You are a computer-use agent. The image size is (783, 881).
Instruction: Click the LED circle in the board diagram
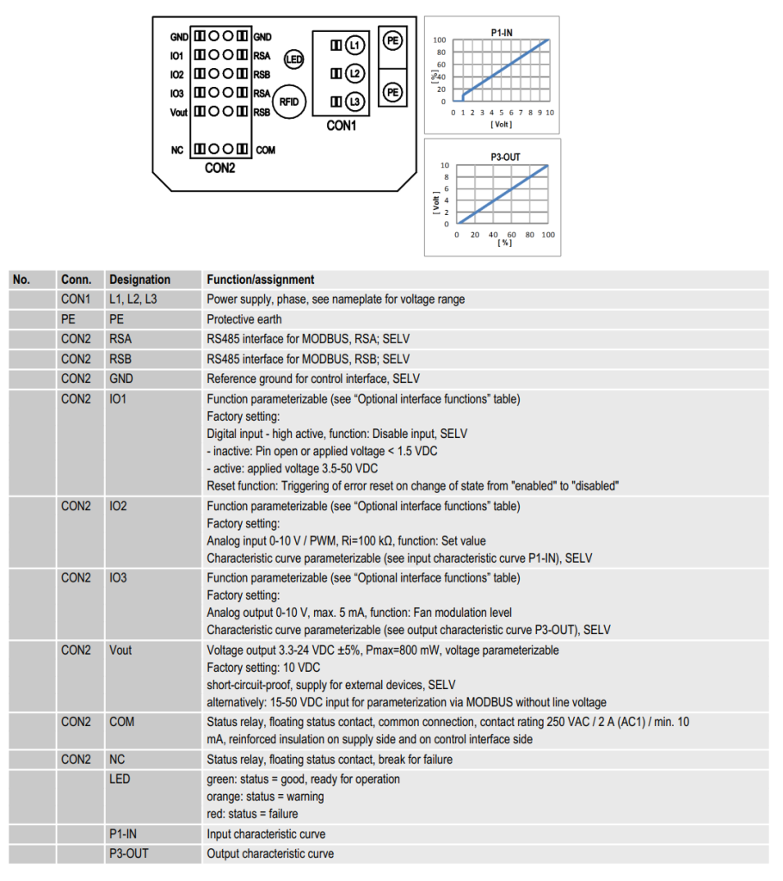point(294,59)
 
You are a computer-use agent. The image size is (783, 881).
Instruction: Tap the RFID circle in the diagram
point(290,102)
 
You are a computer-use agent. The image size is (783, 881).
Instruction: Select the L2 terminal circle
point(355,73)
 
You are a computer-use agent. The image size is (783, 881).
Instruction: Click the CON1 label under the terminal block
point(342,126)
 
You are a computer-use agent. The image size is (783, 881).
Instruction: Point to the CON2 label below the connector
point(219,168)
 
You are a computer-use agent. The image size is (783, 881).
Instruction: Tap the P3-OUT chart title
point(503,157)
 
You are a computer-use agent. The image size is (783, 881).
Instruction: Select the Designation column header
point(139,280)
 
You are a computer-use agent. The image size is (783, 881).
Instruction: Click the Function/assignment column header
point(261,280)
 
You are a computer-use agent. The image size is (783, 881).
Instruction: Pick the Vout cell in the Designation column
point(121,650)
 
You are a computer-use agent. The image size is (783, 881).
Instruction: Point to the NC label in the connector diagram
point(177,151)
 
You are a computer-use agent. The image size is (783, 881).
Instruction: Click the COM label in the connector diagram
point(265,151)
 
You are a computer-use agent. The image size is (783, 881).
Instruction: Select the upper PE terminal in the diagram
point(393,40)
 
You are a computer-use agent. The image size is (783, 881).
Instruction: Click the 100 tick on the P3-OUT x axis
point(547,235)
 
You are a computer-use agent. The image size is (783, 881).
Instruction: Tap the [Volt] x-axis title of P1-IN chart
point(501,124)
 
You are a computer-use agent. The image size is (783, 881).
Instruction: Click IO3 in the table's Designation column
point(119,578)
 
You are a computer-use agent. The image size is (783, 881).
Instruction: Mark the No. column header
point(22,280)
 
